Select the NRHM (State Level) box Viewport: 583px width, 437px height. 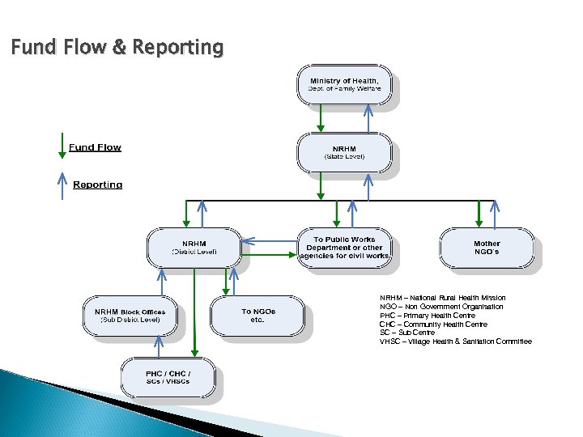pos(344,152)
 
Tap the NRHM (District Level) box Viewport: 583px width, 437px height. pos(194,248)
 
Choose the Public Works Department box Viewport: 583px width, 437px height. pos(344,248)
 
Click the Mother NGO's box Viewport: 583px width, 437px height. pos(487,248)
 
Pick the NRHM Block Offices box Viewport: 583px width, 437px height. pos(130,316)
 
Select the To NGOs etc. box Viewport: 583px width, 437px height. pos(257,316)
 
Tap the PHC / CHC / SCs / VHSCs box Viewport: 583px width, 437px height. pos(168,377)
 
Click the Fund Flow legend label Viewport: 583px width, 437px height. pos(95,147)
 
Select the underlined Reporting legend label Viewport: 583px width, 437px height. pos(97,185)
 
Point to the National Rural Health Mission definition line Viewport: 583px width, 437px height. pos(443,298)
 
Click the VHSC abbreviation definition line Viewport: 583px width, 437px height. pos(455,342)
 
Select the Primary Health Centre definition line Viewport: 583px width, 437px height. pos(428,316)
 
